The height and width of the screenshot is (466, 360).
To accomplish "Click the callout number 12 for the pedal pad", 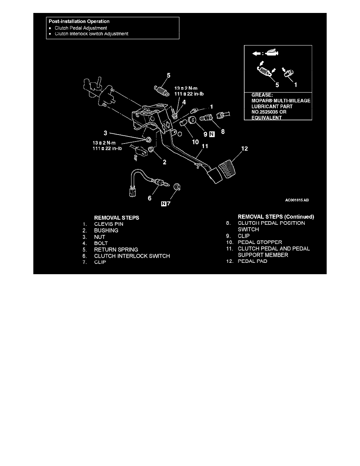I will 245,149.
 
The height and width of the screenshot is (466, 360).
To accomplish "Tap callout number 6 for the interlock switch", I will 149,198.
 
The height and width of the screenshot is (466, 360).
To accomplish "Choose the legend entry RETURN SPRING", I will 116,249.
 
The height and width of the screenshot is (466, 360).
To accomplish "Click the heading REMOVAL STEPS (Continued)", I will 276,217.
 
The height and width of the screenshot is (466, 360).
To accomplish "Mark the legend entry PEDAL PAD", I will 252,261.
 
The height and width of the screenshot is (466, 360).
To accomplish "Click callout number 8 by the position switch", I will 223,132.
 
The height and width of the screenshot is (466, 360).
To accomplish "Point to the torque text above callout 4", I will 189,91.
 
